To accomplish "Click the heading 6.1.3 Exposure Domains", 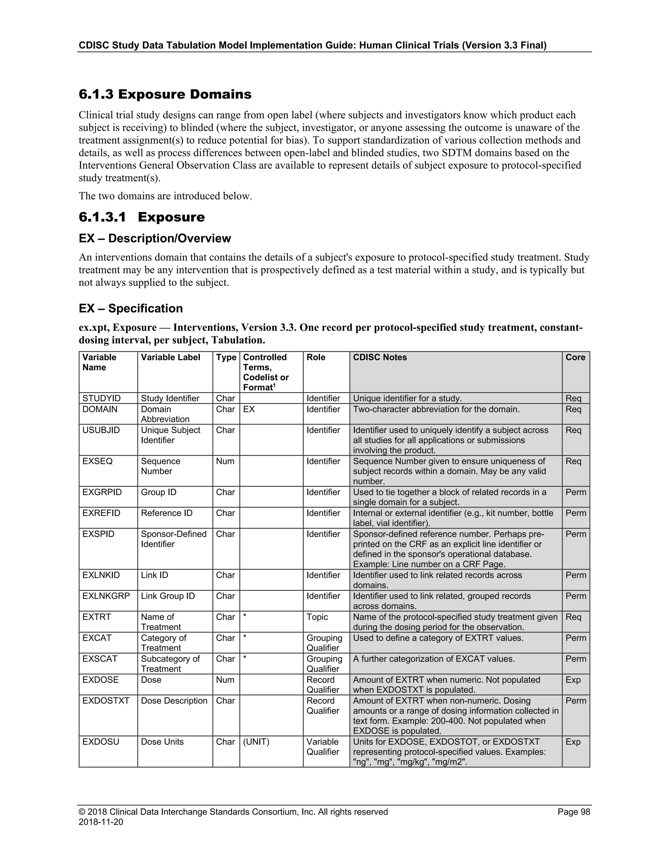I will pyautogui.click(x=165, y=94).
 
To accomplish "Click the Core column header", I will pyautogui.click(x=575, y=357).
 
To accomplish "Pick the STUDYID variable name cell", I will pyautogui.click(x=102, y=398).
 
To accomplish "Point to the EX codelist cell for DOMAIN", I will pyautogui.click(x=249, y=409).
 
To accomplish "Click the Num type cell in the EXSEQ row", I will pyautogui.click(x=225, y=461).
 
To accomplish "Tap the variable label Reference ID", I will pyautogui.click(x=167, y=513).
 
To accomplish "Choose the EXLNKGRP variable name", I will pyautogui.click(x=106, y=596).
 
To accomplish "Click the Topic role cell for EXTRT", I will pyautogui.click(x=317, y=617).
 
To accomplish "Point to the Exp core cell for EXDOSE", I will pyautogui.click(x=573, y=680).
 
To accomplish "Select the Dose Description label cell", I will pyautogui.click(x=174, y=701).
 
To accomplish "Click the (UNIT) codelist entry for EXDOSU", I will pyautogui.click(x=256, y=742).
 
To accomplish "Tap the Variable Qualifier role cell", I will pyautogui.click(x=323, y=747).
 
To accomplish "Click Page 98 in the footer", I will pyautogui.click(x=574, y=812).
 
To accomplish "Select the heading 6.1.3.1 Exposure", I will pyautogui.click(x=142, y=217).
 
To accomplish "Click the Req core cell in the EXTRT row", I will pyautogui.click(x=573, y=617).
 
